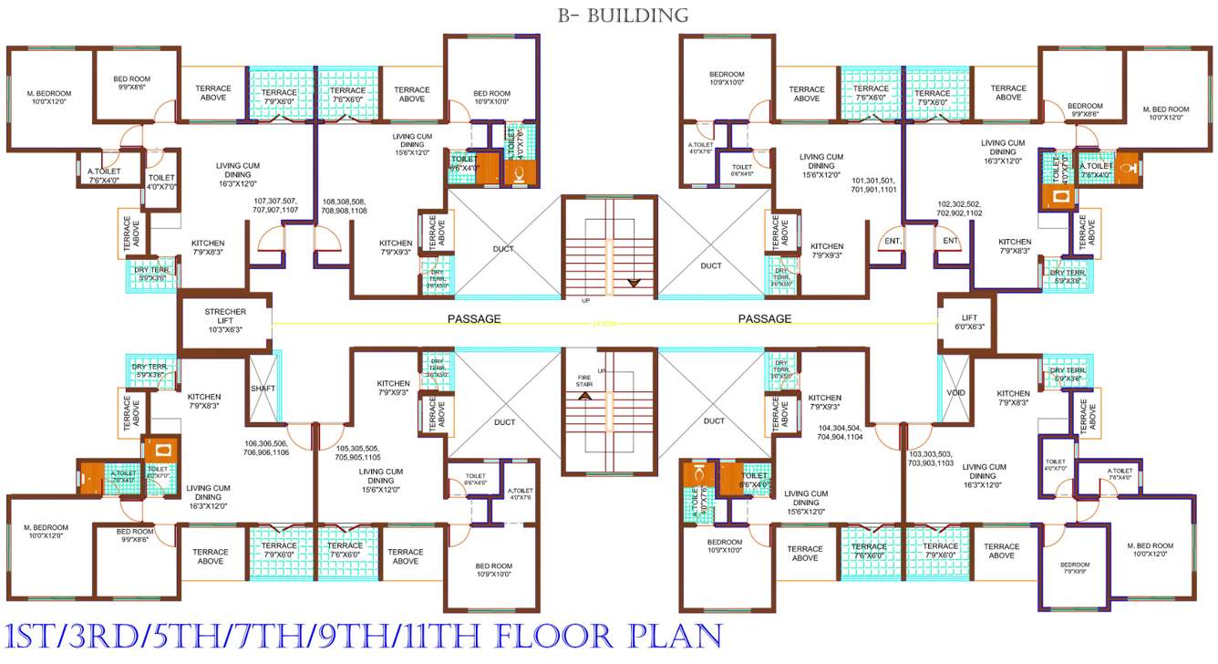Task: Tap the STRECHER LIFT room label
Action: (224, 320)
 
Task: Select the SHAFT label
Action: (263, 389)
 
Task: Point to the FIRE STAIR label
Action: (583, 381)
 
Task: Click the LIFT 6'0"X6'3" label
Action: (967, 321)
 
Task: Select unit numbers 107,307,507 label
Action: (275, 205)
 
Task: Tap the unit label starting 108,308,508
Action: (345, 205)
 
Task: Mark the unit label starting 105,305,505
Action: (358, 452)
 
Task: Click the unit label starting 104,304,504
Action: (839, 432)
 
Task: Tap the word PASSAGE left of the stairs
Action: (474, 319)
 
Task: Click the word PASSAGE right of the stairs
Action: (764, 319)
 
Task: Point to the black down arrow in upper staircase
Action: (644, 284)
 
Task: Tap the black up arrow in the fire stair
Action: (585, 396)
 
